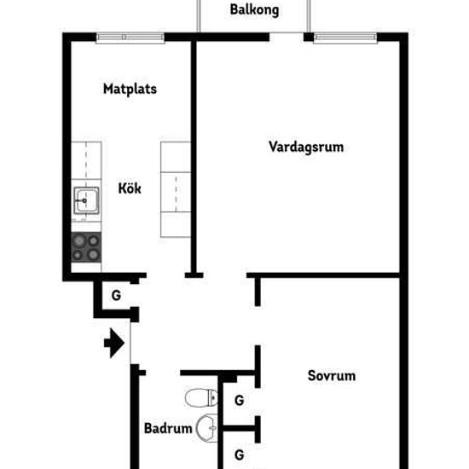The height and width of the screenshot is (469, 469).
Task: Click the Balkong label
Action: click(255, 11)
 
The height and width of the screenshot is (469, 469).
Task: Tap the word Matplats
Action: click(129, 88)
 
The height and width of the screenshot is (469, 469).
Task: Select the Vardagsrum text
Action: click(305, 146)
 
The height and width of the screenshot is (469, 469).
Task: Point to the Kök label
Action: click(130, 188)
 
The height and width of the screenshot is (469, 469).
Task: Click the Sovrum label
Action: click(331, 375)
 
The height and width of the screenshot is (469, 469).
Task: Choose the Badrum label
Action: click(167, 429)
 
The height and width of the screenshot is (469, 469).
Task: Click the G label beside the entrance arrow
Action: click(114, 297)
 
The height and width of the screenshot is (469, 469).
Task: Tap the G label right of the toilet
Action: click(240, 399)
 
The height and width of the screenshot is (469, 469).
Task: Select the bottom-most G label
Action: click(240, 455)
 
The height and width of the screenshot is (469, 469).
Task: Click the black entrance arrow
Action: click(113, 344)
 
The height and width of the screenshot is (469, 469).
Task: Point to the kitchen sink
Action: click(86, 201)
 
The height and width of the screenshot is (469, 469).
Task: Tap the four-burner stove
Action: click(86, 246)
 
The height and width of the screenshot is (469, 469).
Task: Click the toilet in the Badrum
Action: click(200, 397)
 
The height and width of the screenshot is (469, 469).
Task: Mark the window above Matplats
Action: click(130, 38)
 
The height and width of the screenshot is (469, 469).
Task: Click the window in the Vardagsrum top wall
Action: click(345, 38)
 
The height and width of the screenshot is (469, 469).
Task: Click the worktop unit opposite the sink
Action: click(177, 188)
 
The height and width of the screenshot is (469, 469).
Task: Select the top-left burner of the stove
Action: click(78, 240)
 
